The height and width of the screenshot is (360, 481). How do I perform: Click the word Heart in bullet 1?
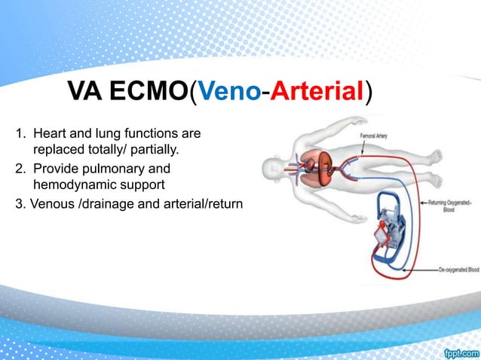click(x=50, y=135)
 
